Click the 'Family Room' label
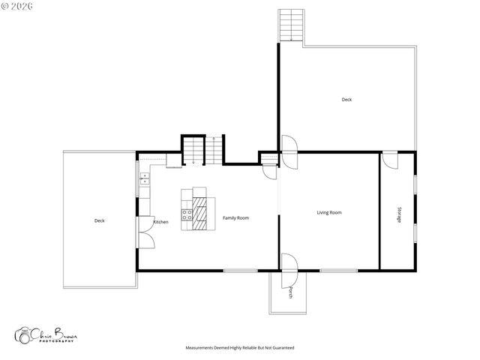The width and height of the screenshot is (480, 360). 235,218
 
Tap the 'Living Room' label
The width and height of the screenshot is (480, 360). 328,212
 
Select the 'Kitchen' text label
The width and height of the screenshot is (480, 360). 160,222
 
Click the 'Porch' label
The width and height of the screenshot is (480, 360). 290,292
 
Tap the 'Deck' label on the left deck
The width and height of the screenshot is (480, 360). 99,220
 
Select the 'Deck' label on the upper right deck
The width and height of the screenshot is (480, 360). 346,99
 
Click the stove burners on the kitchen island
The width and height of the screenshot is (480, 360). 187,211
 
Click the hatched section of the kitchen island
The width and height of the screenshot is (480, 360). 199,211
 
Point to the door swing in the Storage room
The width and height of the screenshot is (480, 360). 390,158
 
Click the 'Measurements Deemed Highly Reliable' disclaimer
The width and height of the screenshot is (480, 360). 239,348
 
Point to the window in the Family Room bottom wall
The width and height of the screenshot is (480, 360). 239,270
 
